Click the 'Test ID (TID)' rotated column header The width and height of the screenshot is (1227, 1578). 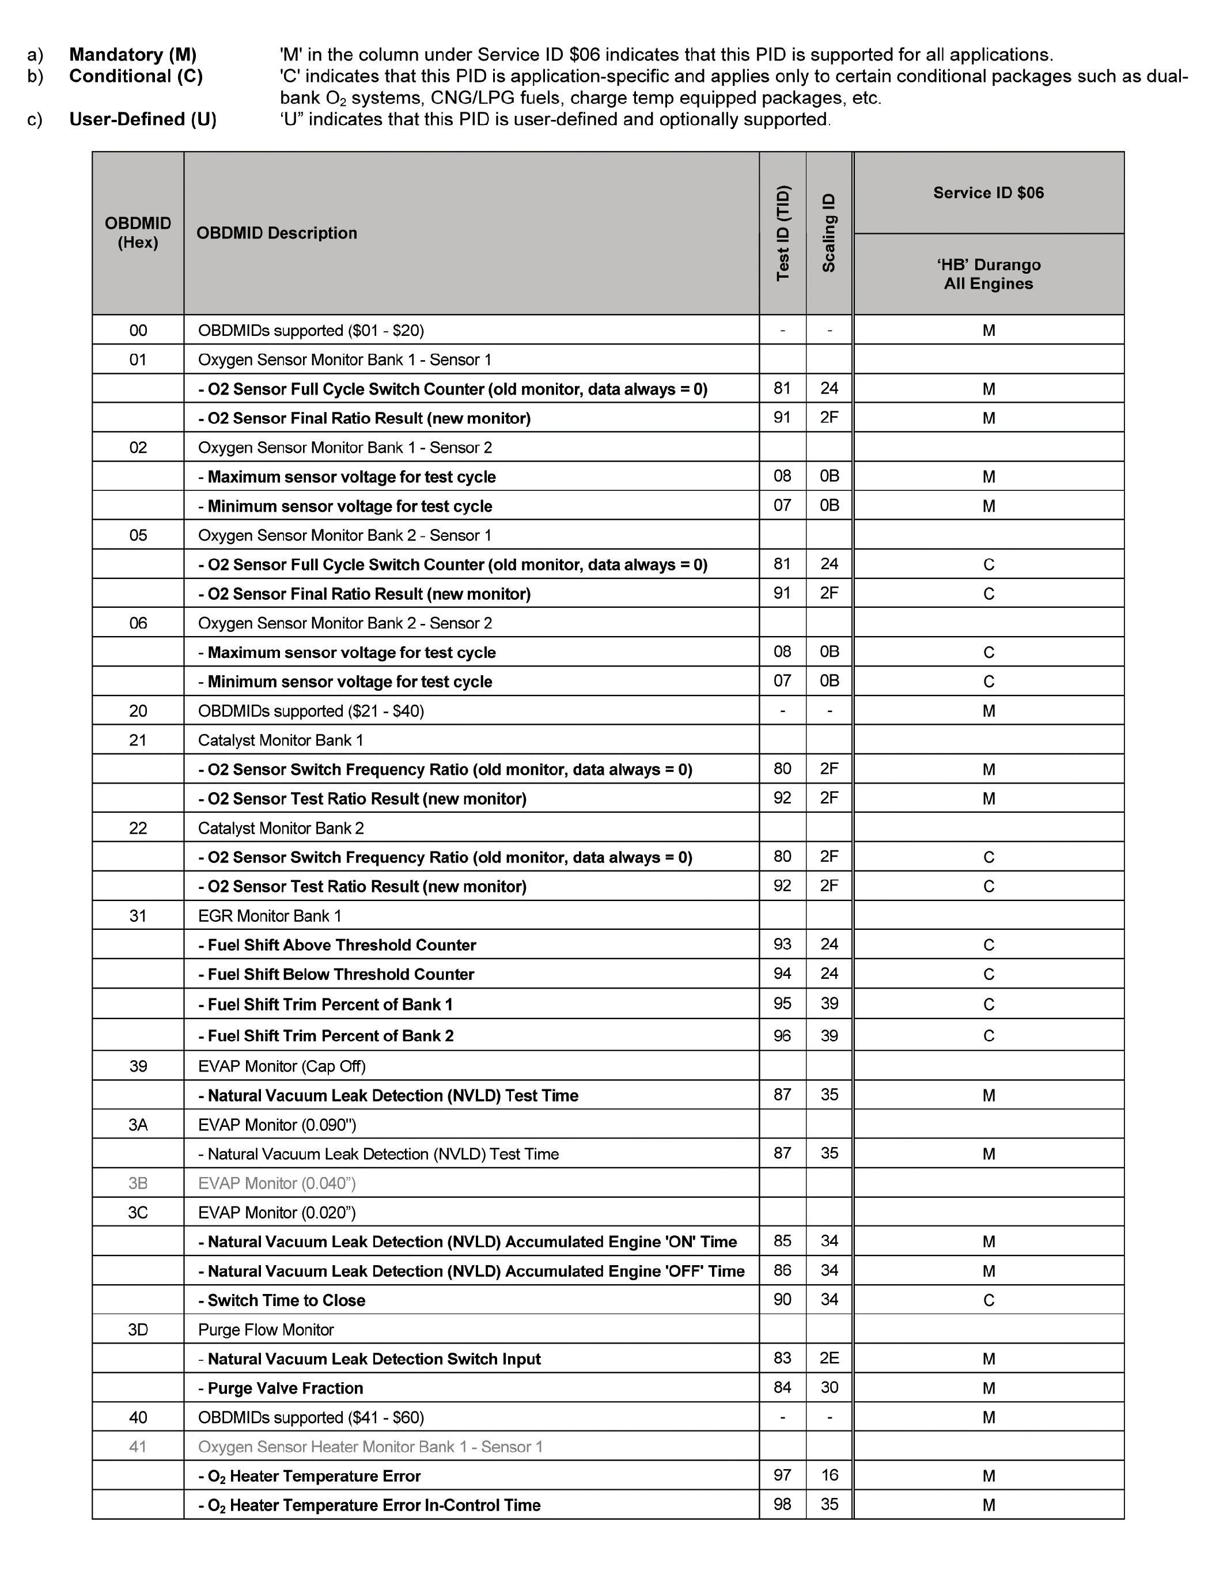coord(783,233)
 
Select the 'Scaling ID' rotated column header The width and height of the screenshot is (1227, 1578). coord(829,233)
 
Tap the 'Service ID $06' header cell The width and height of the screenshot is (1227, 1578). coord(988,193)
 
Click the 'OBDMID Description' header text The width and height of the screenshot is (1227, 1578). coord(277,233)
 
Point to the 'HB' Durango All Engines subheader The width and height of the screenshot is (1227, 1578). coord(988,275)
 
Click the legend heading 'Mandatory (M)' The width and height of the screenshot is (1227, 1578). coord(133,55)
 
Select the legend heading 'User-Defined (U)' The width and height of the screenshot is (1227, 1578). coord(142,119)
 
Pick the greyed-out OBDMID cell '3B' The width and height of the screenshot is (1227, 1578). coord(138,1183)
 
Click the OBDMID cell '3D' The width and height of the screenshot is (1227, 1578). coord(138,1330)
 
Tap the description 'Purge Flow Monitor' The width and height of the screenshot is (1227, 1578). coord(266,1330)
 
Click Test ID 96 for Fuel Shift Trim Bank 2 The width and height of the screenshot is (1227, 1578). coord(783,1035)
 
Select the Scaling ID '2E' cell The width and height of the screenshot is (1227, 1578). coord(829,1358)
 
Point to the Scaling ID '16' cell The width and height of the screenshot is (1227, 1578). coord(829,1475)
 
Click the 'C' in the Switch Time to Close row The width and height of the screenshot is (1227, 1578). coord(989,1300)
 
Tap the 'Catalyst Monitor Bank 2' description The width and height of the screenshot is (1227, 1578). coord(281,828)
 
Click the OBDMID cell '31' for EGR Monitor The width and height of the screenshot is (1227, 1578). coord(138,916)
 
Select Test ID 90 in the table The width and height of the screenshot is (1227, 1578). coord(783,1300)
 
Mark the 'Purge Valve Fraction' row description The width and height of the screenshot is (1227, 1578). coord(285,1388)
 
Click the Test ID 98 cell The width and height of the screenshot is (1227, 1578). coord(783,1504)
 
